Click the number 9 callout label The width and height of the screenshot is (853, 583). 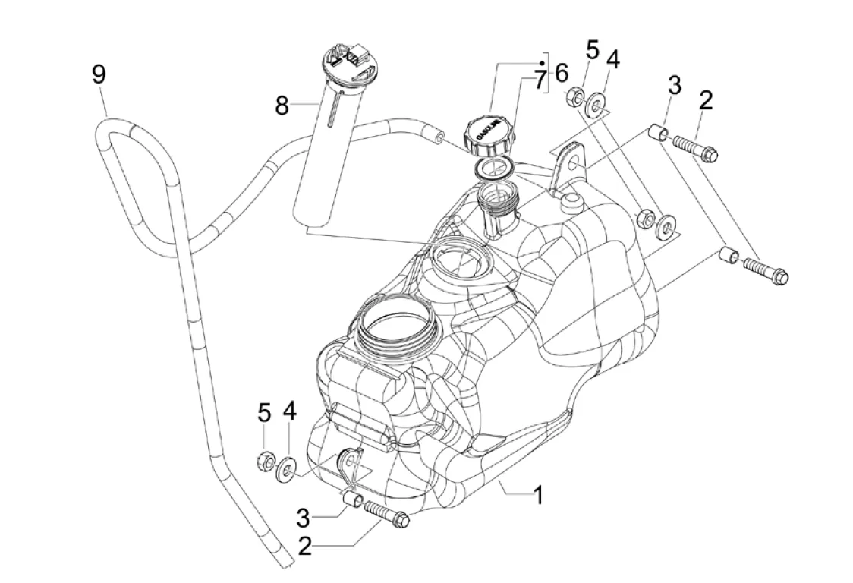click(x=99, y=74)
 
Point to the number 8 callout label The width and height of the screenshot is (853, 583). click(x=282, y=105)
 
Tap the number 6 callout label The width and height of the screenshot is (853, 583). click(x=561, y=74)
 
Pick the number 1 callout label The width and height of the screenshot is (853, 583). click(x=537, y=496)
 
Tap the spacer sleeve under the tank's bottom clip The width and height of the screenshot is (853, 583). click(x=351, y=499)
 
